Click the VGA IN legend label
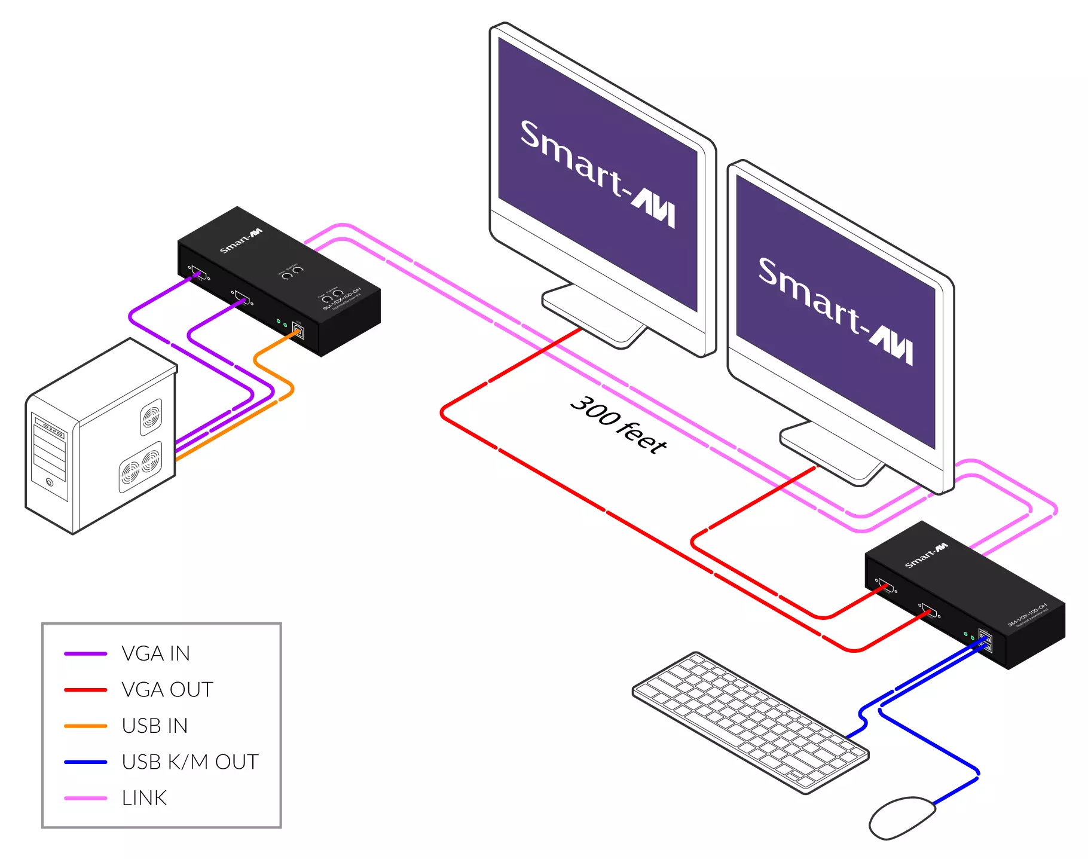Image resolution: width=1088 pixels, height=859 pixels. point(155,653)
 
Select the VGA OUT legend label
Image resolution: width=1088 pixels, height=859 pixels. point(167,690)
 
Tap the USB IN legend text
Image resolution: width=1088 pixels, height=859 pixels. point(154,726)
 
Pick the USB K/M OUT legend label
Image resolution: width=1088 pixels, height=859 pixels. point(190,762)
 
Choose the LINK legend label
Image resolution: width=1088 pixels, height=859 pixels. point(144,798)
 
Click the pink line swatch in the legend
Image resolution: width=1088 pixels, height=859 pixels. point(85,798)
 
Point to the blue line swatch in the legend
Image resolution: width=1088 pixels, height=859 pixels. point(85,762)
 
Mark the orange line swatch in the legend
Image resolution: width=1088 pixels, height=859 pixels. point(85,726)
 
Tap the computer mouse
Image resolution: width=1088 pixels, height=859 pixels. point(901,817)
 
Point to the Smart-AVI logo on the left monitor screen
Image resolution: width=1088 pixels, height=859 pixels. point(597,173)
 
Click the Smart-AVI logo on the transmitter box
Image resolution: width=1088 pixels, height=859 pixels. point(240,240)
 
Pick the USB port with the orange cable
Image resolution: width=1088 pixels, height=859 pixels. point(298,331)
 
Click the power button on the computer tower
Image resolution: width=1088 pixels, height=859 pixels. point(50,482)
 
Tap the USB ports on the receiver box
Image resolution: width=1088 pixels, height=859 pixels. point(985,641)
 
